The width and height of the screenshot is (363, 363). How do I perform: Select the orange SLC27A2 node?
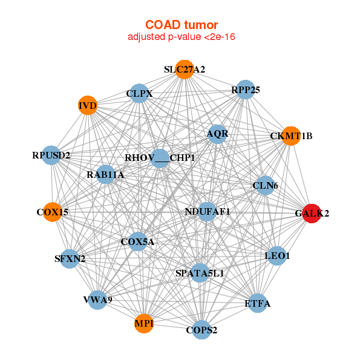pyautogui.click(x=185, y=69)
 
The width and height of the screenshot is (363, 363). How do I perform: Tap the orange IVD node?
pyautogui.click(x=88, y=106)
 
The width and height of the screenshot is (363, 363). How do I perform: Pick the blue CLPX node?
pyautogui.click(x=140, y=94)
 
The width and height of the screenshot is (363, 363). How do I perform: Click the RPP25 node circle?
pyautogui.click(x=245, y=90)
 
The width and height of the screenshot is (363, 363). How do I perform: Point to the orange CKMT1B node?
pyautogui.click(x=291, y=136)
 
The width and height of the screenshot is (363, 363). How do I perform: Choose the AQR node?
pyautogui.click(x=217, y=134)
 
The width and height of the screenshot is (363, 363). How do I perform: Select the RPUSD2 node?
pyautogui.click(x=51, y=155)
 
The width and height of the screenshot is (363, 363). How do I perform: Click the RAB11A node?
pyautogui.click(x=105, y=175)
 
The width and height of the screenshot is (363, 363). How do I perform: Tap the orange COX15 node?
pyautogui.click(x=52, y=212)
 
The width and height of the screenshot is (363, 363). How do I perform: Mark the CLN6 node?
pyautogui.click(x=265, y=186)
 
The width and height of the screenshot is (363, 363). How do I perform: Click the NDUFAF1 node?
pyautogui.click(x=207, y=212)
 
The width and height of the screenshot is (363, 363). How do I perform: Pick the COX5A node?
pyautogui.click(x=138, y=242)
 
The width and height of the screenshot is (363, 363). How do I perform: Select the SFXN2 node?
pyautogui.click(x=70, y=259)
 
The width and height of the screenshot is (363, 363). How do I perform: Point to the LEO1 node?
pyautogui.click(x=277, y=256)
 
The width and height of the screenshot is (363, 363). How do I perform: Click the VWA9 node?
pyautogui.click(x=97, y=299)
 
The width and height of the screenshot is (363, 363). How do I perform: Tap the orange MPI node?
pyautogui.click(x=144, y=324)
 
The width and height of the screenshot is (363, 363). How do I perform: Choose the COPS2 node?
pyautogui.click(x=202, y=330)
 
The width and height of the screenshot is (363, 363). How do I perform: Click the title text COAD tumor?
pyautogui.click(x=181, y=25)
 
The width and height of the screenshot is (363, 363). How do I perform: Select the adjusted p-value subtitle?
pyautogui.click(x=181, y=37)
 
